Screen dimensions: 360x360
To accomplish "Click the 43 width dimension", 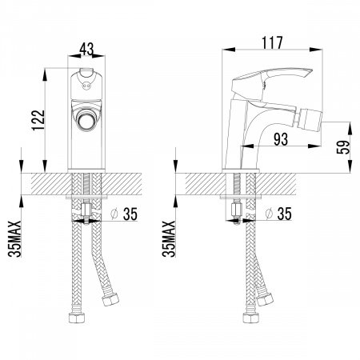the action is coord(87,49).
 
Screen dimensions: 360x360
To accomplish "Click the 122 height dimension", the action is coord(38,120).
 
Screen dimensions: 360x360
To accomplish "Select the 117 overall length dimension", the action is coord(272,43).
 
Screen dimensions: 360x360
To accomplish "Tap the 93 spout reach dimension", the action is coord(281,139).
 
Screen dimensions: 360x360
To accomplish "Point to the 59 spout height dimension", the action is coord(343,147).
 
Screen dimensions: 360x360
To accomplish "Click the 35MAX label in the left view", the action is coord(14,239).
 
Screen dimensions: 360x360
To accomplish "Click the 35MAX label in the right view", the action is coord(169,239).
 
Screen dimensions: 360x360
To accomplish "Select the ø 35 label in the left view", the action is coord(124,214).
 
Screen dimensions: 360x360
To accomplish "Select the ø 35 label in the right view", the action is coord(278,214).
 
